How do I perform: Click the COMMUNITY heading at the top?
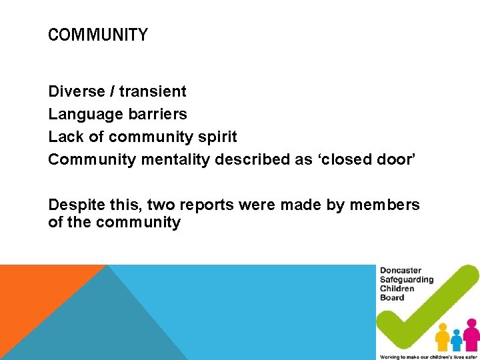click(98, 35)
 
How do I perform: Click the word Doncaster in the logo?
click(401, 271)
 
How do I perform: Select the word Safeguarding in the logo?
click(407, 280)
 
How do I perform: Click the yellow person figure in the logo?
click(442, 337)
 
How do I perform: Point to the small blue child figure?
click(457, 339)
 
